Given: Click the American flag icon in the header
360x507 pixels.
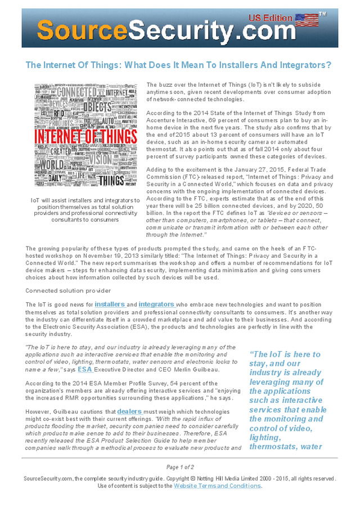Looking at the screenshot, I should pos(307,20).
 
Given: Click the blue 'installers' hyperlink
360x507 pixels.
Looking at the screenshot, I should pos(109,304).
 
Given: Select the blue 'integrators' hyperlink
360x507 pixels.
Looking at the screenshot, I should pos(156,304).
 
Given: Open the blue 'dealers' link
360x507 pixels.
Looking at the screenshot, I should pos(129,411).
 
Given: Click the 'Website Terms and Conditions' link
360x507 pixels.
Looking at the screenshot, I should pos(217,486).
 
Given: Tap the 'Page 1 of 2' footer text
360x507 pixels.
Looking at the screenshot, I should pos(180,467).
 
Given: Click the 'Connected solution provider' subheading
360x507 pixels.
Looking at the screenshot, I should pos(68,290).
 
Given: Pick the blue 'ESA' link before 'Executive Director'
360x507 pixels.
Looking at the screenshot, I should pos(85,370).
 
